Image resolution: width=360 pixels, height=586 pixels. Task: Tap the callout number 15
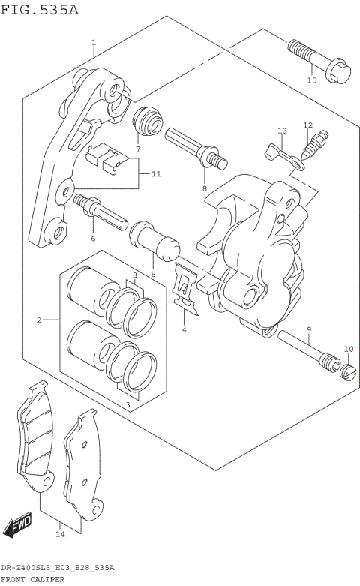(x=312, y=80)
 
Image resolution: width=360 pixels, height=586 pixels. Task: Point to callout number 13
(x=282, y=131)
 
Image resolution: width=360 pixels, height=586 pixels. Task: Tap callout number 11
(x=156, y=174)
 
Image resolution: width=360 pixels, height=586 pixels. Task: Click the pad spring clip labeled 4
(x=184, y=291)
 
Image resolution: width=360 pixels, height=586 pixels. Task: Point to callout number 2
(x=38, y=320)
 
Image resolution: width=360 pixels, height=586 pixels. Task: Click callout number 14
(x=60, y=534)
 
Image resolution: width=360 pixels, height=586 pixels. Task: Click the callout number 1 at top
(x=93, y=43)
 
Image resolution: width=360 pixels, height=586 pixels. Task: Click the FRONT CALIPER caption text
(x=32, y=579)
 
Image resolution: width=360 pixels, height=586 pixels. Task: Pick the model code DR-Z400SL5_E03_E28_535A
(x=58, y=568)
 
